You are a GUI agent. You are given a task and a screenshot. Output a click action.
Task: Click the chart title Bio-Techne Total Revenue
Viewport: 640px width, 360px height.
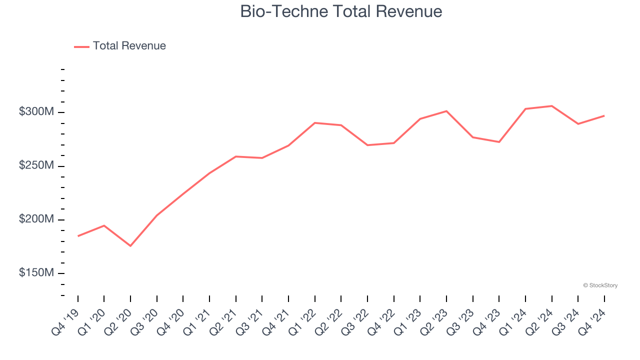click(341, 11)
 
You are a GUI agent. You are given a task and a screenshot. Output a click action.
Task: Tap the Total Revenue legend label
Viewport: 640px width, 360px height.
click(129, 46)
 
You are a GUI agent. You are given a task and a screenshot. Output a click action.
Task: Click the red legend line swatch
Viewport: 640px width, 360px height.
click(81, 46)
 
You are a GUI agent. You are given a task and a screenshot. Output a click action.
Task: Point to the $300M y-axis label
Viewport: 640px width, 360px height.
click(36, 112)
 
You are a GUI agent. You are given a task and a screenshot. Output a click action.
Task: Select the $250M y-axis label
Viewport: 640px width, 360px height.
click(36, 165)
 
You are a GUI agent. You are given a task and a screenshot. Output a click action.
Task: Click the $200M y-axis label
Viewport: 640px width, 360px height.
click(36, 219)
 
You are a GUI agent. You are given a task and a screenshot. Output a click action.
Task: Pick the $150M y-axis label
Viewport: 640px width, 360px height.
click(36, 273)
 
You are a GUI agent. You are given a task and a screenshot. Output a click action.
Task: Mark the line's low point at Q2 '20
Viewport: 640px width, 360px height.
click(130, 246)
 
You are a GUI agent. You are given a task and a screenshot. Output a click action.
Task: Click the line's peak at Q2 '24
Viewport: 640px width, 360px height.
click(551, 106)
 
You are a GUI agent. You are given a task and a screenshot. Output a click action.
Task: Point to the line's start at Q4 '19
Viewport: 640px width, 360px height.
click(78, 236)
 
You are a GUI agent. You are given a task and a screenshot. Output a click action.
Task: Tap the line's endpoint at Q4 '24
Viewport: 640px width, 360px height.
click(604, 115)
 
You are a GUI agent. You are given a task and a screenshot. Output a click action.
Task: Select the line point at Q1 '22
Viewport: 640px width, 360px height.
click(315, 122)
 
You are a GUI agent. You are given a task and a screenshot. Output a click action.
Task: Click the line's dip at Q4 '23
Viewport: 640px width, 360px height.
click(499, 142)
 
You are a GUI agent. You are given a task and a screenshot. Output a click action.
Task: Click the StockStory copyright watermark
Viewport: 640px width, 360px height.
click(600, 285)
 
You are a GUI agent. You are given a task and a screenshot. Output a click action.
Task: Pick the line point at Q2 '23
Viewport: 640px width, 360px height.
click(446, 111)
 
